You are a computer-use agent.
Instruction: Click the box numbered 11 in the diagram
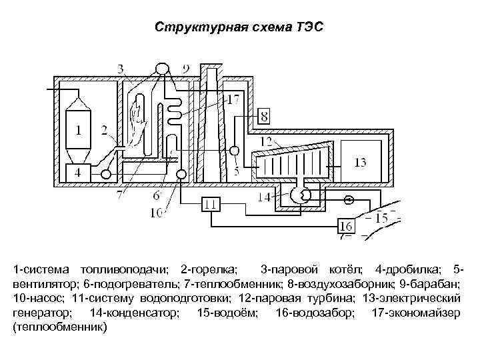211,205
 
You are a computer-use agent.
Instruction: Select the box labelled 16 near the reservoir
347,225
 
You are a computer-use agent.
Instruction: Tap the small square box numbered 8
264,117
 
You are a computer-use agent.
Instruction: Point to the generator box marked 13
360,163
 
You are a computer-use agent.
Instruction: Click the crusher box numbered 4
79,172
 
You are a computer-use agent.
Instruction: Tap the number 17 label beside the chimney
232,101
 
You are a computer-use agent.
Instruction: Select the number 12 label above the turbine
265,142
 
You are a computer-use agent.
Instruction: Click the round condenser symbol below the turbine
297,194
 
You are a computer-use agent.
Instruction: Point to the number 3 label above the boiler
120,68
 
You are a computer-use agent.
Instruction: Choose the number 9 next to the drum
185,68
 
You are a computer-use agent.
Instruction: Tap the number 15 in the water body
381,218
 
